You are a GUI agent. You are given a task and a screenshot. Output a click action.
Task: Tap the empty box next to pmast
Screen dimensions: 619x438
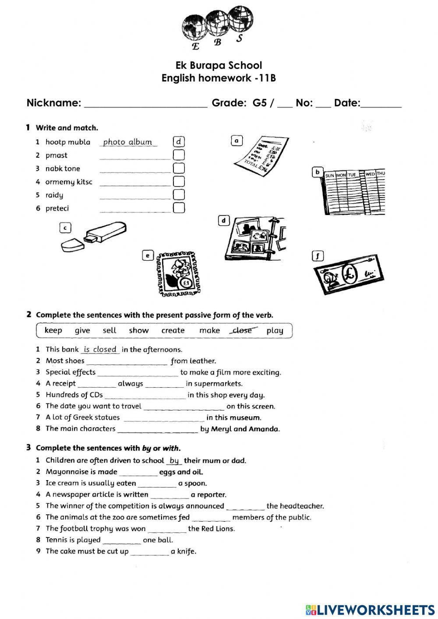(x=179, y=155)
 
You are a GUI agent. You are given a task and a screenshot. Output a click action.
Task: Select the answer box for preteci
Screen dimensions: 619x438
(x=179, y=208)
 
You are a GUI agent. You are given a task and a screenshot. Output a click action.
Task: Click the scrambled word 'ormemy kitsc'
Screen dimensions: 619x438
(x=69, y=182)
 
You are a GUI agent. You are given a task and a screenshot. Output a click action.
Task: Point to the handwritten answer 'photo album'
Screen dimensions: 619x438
(x=128, y=142)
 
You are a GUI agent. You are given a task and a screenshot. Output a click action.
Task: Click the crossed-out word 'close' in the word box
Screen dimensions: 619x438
(x=242, y=330)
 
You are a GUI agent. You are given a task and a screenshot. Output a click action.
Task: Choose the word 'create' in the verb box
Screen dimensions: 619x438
(x=173, y=330)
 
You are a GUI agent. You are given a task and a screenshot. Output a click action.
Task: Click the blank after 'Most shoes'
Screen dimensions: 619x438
(x=127, y=361)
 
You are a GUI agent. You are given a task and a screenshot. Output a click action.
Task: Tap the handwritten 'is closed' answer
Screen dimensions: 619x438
(x=100, y=349)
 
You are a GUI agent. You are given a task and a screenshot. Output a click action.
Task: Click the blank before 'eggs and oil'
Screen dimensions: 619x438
(x=138, y=473)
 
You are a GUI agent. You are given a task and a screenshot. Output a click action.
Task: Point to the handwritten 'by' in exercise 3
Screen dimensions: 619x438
(x=174, y=460)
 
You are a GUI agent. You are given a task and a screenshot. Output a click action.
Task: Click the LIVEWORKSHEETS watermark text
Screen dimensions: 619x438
(x=375, y=610)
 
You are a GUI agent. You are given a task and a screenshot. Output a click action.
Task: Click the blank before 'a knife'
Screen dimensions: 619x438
(x=149, y=552)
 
